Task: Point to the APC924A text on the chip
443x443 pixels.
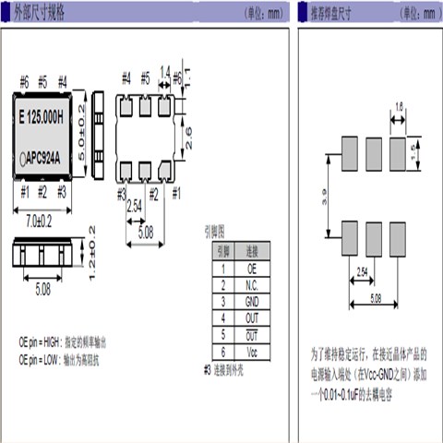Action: click(44, 159)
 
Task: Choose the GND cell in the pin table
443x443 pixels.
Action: click(252, 301)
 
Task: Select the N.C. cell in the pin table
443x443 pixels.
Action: click(252, 284)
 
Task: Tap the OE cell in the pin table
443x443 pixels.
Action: click(252, 268)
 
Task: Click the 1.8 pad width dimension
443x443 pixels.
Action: click(399, 108)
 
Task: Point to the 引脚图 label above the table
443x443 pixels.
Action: click(214, 233)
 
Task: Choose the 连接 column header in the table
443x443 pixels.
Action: click(252, 251)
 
